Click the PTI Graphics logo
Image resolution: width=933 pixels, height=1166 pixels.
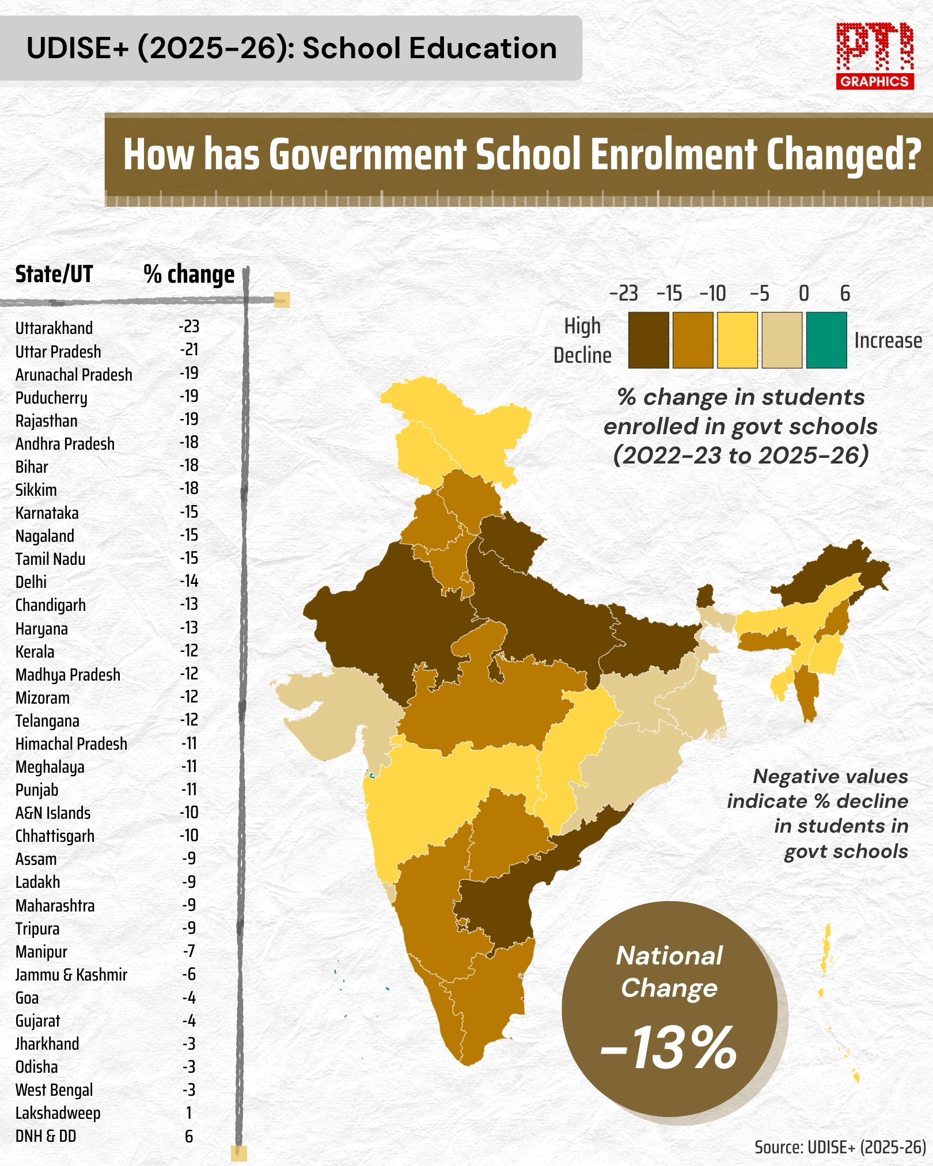(x=875, y=56)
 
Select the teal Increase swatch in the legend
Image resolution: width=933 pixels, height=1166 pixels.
(x=826, y=340)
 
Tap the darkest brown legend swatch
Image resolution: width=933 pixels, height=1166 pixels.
(x=648, y=340)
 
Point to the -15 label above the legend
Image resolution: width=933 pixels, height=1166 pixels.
(x=669, y=294)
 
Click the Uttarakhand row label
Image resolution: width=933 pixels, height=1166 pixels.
(x=54, y=328)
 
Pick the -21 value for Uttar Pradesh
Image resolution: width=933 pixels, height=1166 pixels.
(x=189, y=350)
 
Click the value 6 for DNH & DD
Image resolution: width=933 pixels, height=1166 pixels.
(x=189, y=1136)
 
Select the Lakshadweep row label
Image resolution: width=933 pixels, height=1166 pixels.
(x=58, y=1113)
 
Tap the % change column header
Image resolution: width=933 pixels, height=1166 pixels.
(x=189, y=275)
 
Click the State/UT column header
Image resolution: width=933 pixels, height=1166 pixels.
(x=54, y=274)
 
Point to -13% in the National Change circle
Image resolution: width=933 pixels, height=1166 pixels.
(x=669, y=1047)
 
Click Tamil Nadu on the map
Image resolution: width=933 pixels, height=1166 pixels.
(x=490, y=1002)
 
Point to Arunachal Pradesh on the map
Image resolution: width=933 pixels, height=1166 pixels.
(x=835, y=573)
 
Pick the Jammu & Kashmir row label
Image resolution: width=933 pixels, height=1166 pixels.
(x=71, y=975)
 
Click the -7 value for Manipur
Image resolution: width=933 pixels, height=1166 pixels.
(x=189, y=951)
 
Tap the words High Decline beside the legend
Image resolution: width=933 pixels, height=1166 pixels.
(x=582, y=340)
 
